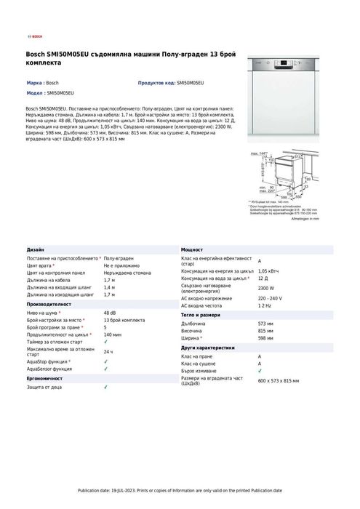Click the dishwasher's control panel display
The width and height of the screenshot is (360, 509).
283,62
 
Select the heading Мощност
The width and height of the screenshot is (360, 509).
192,249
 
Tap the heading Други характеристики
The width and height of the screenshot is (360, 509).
208,348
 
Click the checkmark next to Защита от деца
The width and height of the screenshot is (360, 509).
105,387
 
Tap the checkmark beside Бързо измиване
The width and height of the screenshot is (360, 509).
260,371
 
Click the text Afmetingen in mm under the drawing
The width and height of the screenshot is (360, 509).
305,218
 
